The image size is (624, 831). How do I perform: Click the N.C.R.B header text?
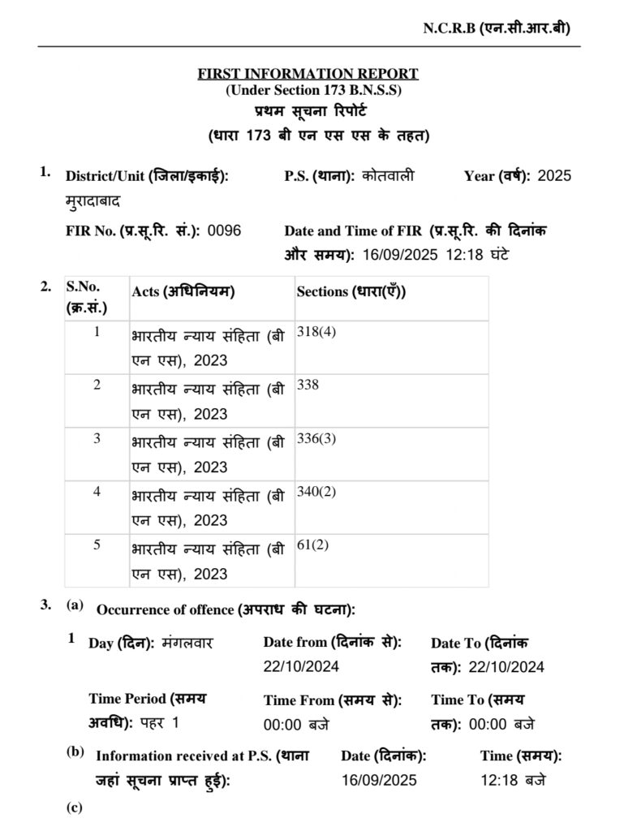pos(496,28)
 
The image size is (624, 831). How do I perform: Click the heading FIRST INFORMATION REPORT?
pos(308,74)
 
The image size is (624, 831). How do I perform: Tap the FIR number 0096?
pos(224,230)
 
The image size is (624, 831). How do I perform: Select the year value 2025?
pos(554,175)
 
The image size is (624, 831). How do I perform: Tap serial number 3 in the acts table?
pos(97,438)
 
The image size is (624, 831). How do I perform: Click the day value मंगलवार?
pos(187,643)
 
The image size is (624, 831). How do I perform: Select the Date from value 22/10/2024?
pos(301,667)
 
